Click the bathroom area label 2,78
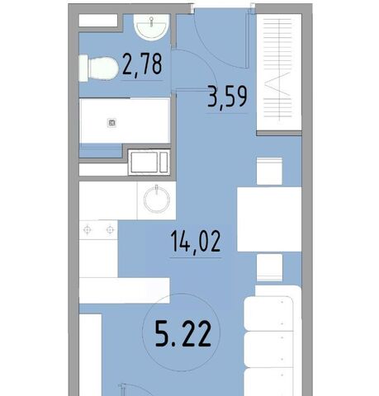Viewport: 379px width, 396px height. coord(142,64)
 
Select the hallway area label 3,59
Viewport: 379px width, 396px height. coord(228,97)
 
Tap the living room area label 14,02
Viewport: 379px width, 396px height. coord(196,242)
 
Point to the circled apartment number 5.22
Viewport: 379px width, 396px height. coord(182,334)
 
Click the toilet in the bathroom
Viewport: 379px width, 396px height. coord(98,68)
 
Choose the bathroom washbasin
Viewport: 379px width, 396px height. coord(151,27)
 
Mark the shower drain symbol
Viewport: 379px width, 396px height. coord(111,123)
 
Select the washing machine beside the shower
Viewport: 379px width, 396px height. coord(149,162)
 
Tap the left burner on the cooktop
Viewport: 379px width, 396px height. coord(88,229)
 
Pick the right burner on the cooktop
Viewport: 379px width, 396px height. coord(110,229)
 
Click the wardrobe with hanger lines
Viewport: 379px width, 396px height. coord(279,72)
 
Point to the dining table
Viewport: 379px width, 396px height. coord(269,219)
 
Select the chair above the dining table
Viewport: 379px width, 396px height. coord(269,171)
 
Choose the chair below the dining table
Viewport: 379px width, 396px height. coord(269,267)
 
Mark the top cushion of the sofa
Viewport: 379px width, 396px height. coord(268,313)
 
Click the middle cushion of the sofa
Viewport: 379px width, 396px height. coord(268,350)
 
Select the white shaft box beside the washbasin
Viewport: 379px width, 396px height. coord(98,21)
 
